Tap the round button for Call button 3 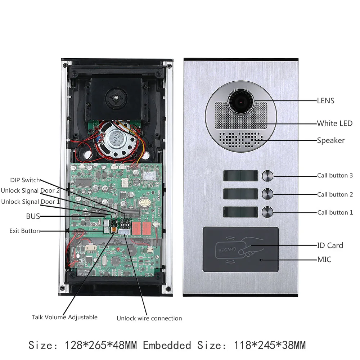267,176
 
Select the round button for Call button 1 267,212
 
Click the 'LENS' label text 325,101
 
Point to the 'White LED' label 334,123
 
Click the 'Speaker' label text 330,140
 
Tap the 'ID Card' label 330,246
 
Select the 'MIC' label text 324,259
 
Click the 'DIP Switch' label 25,180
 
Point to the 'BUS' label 33,216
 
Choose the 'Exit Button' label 24,231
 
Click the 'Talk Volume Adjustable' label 64,317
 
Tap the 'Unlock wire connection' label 149,318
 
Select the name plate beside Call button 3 240,176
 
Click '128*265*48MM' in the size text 100,346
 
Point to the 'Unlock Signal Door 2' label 30,191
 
